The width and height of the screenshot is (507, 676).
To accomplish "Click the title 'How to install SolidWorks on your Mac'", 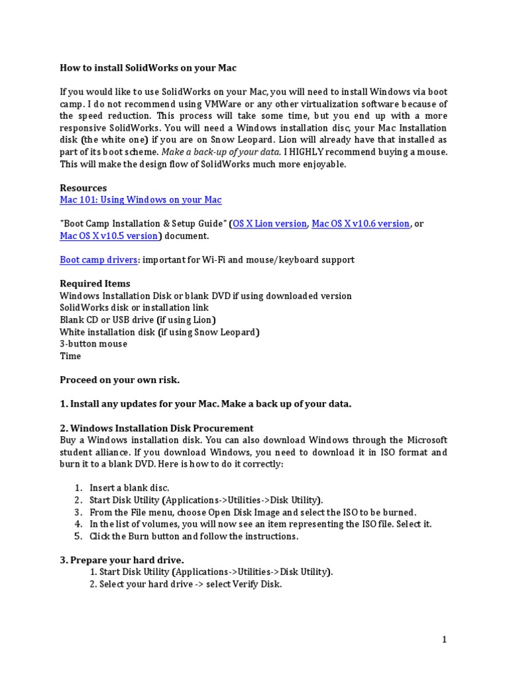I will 148,67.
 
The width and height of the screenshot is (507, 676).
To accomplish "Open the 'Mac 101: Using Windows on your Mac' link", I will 141,199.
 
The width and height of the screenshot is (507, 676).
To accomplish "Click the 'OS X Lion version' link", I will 270,224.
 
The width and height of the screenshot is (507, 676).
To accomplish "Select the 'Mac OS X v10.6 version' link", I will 360,224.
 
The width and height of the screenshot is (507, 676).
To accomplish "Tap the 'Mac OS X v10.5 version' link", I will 109,236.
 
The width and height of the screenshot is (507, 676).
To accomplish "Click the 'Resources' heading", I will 83,187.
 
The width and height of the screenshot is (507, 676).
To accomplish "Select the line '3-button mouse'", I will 93,344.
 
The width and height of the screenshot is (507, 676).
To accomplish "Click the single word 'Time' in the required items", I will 71,356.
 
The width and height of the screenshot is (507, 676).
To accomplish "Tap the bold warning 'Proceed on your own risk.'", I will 119,380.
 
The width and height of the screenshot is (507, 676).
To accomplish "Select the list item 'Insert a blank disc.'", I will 129,488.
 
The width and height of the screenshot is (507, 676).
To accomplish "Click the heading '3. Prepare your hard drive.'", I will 121,560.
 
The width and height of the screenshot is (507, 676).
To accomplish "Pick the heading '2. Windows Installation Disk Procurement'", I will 156,428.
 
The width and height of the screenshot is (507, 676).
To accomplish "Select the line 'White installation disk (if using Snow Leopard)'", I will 159,332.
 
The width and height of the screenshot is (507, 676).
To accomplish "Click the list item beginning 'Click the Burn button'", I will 194,536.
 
